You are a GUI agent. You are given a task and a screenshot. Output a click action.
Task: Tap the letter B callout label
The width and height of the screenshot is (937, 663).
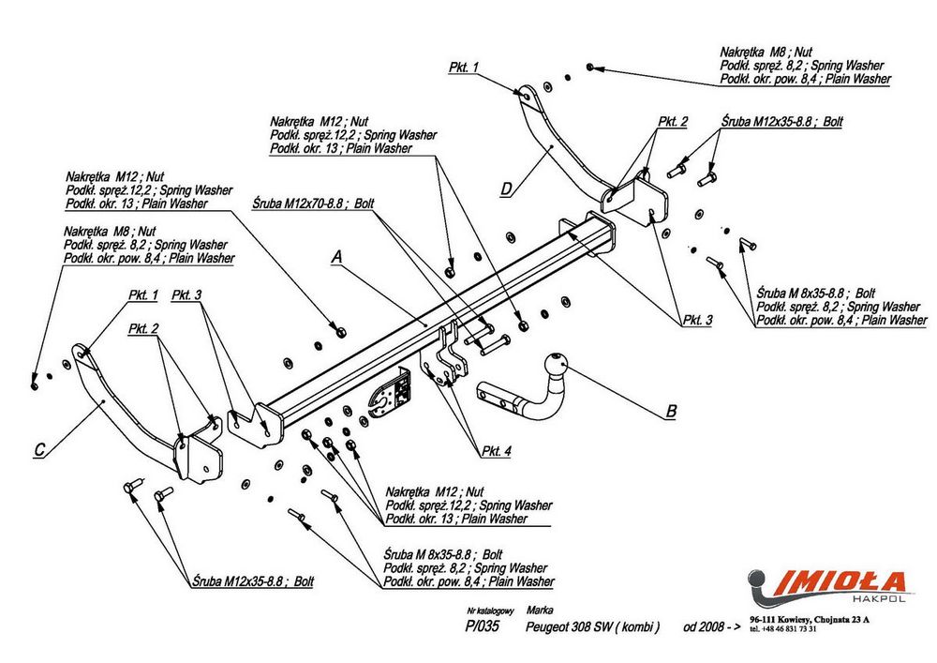(670, 410)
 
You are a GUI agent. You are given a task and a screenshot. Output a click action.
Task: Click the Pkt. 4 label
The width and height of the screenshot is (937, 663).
(497, 451)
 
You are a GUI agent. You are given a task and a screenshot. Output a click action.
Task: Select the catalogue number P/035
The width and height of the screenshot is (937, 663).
(481, 627)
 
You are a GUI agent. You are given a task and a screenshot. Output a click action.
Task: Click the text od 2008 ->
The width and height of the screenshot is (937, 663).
(706, 627)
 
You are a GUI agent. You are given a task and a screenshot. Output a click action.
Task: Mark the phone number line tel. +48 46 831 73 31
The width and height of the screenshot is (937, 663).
(783, 628)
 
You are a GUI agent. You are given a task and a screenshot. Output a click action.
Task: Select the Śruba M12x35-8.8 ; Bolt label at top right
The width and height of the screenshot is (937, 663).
(781, 122)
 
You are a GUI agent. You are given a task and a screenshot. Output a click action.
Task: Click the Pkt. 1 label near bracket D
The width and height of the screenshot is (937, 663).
(463, 68)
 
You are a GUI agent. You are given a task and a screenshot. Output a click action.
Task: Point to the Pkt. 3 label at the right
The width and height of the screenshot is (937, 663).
(697, 320)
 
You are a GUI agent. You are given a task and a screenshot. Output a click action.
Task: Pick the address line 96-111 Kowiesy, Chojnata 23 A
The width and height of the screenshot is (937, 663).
(810, 619)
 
